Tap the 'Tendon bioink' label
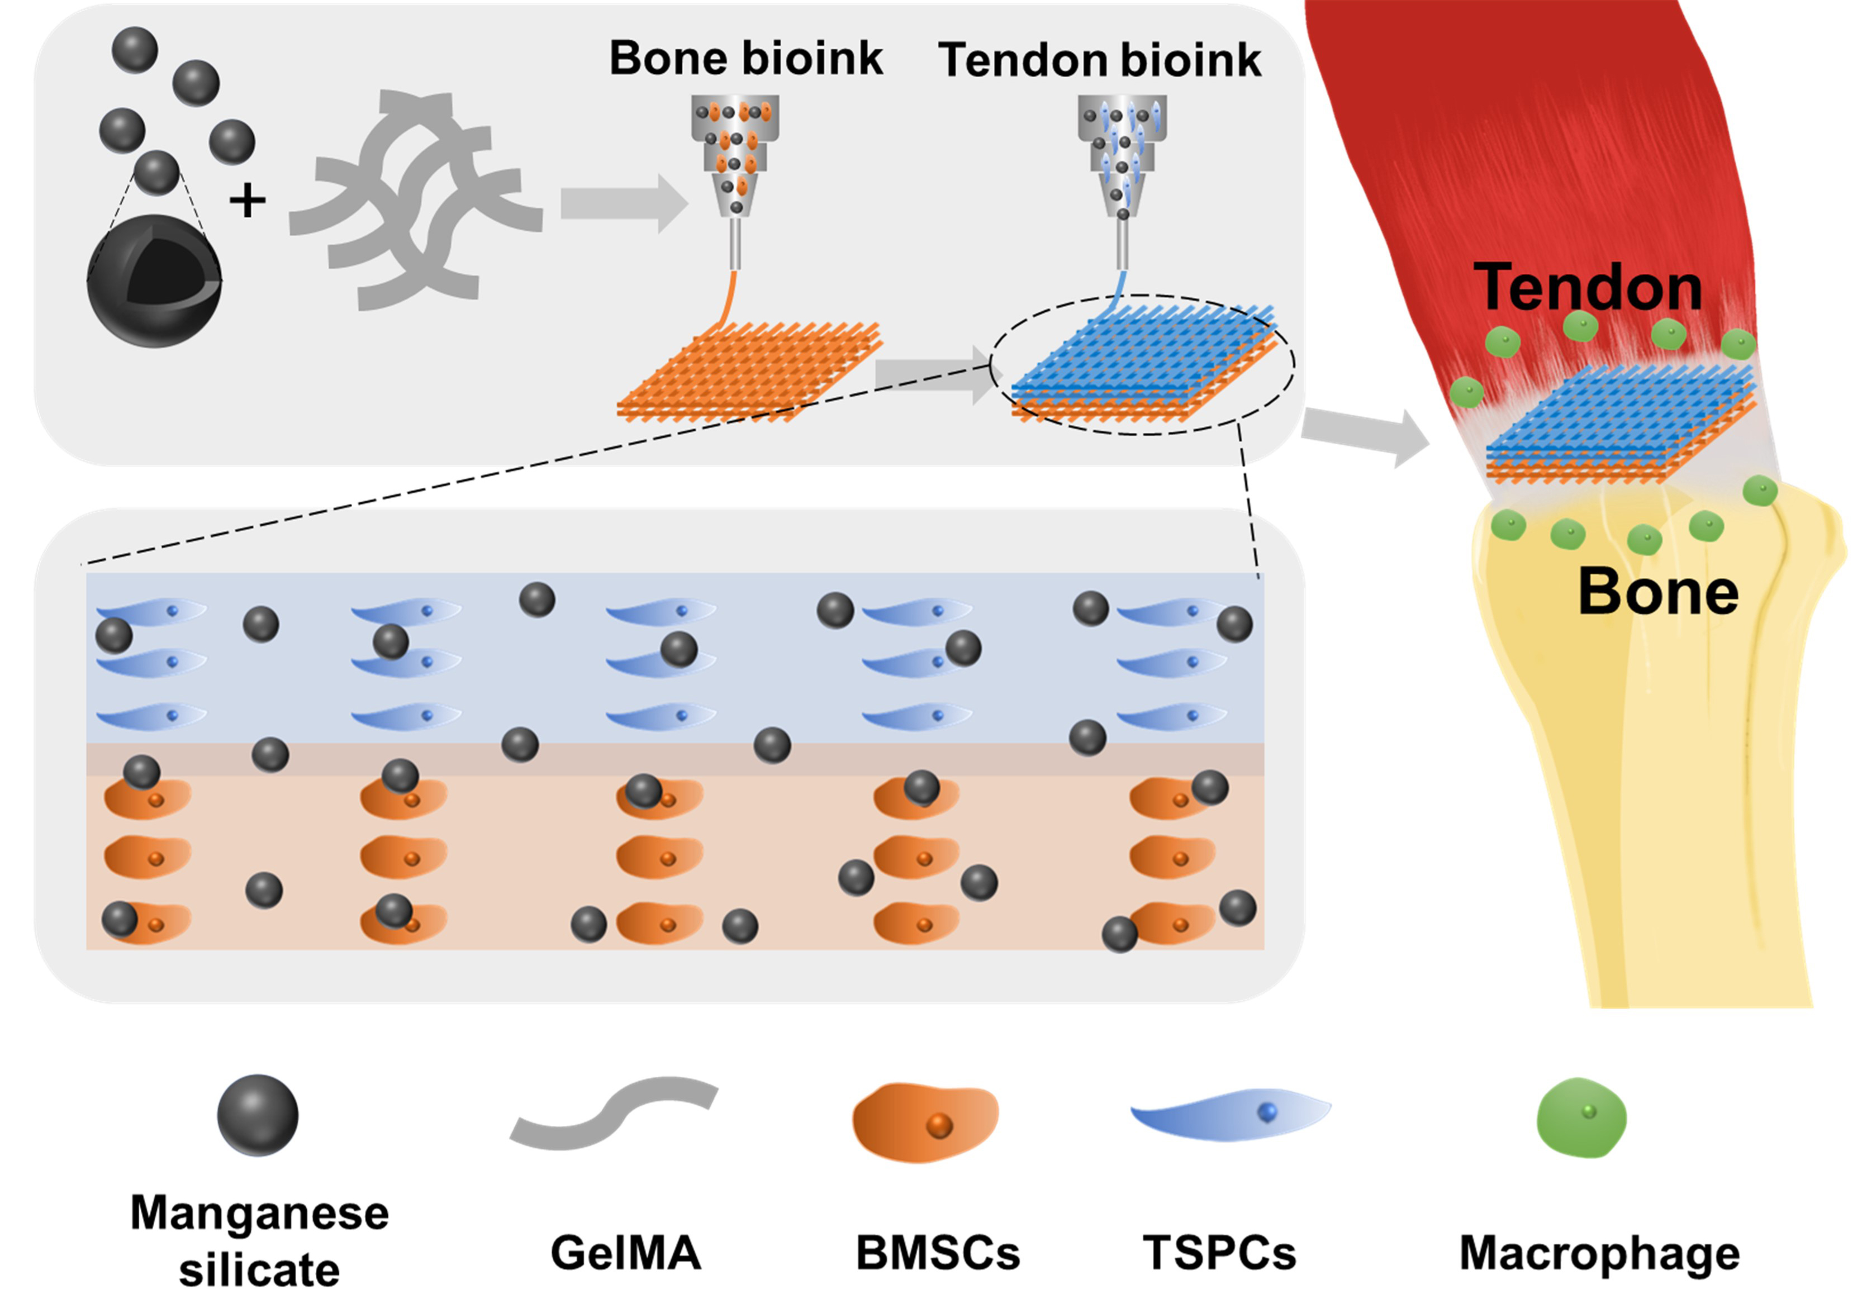1099,60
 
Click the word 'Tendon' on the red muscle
1588,287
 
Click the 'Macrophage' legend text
1599,1253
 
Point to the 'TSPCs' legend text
1219,1253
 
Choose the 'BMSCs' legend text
938,1253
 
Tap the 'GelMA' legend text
625,1253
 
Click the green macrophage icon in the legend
1581,1117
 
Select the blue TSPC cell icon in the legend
1229,1115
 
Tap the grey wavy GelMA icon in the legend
614,1111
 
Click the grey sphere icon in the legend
258,1115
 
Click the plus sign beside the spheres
247,200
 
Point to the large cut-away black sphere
154,280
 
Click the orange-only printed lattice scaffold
749,370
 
